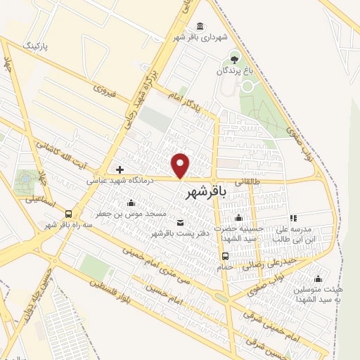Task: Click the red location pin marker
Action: tap(181, 166)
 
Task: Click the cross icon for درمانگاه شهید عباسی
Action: tap(120, 169)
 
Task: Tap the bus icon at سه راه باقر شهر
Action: tap(68, 214)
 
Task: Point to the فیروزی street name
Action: tap(103, 91)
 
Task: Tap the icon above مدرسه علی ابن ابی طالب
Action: tap(293, 218)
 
